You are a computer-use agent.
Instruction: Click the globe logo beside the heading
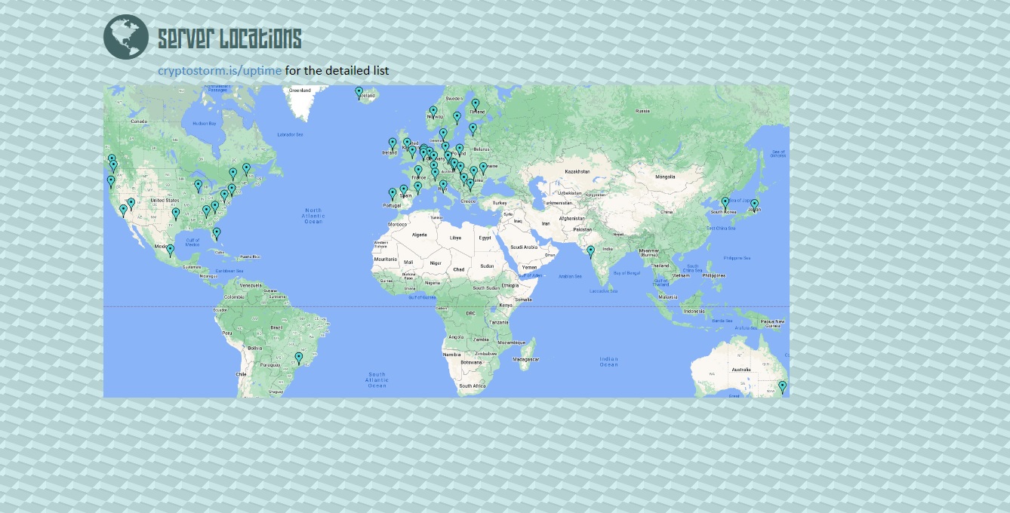(126, 37)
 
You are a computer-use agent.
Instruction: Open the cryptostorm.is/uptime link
(220, 71)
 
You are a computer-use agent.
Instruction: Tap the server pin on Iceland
(359, 93)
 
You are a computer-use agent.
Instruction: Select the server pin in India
(590, 251)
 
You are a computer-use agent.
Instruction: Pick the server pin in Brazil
(298, 358)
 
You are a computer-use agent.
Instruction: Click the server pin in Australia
(782, 387)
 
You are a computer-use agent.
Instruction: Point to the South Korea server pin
(725, 203)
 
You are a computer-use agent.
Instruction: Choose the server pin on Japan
(754, 204)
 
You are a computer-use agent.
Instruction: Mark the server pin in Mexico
(171, 250)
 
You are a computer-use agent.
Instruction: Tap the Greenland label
(300, 91)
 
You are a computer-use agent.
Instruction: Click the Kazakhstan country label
(577, 172)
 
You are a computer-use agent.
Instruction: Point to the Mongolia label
(665, 177)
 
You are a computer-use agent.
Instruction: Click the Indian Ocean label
(608, 362)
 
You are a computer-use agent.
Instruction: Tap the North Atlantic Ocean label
(313, 216)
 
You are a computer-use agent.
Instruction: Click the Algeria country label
(419, 235)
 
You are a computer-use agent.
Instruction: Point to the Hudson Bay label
(204, 124)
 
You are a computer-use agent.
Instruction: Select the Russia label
(642, 111)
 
